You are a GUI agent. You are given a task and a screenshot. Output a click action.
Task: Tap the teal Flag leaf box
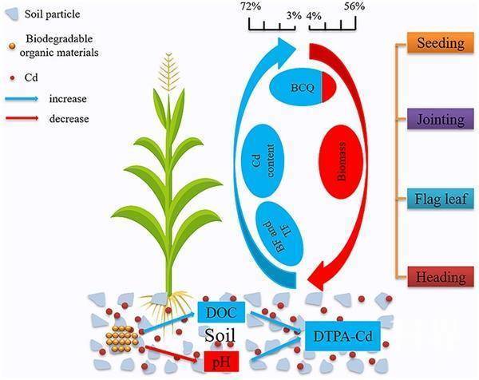click(436, 200)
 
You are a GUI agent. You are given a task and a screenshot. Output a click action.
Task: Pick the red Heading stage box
click(436, 278)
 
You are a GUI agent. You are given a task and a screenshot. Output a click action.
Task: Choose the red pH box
click(220, 360)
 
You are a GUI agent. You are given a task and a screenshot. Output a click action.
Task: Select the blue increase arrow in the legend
click(31, 100)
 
